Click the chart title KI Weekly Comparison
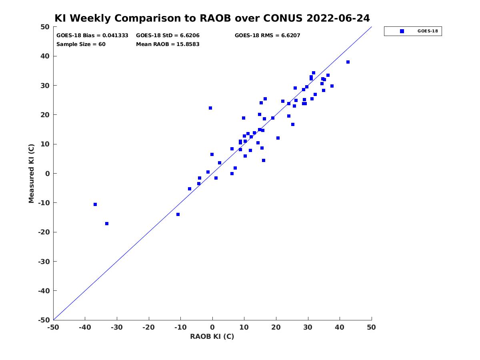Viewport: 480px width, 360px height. click(212, 18)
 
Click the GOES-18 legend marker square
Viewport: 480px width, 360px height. click(402, 31)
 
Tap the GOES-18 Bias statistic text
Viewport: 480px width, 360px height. click(92, 36)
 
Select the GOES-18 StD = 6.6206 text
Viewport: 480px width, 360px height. click(168, 36)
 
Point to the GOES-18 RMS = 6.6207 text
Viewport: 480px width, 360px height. click(267, 36)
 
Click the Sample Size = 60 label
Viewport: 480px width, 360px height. click(81, 44)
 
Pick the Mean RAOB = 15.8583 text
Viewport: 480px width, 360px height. click(168, 44)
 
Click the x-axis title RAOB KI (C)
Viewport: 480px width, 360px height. click(212, 336)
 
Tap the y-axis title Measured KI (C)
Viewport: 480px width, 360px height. click(31, 174)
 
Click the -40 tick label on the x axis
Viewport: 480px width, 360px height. click(85, 327)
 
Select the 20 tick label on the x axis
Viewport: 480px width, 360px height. click(276, 327)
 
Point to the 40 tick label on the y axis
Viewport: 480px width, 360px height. click(45, 56)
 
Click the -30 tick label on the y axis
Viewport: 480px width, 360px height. click(44, 262)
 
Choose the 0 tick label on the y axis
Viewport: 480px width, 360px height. click(48, 174)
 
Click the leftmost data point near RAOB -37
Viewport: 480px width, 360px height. click(95, 204)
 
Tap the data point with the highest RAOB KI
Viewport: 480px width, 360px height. click(348, 62)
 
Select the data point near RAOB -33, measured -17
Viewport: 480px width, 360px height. click(107, 224)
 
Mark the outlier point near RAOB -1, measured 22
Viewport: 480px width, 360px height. click(210, 108)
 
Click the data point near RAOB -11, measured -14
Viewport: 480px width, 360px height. click(178, 214)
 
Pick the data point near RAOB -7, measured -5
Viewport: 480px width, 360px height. click(190, 189)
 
